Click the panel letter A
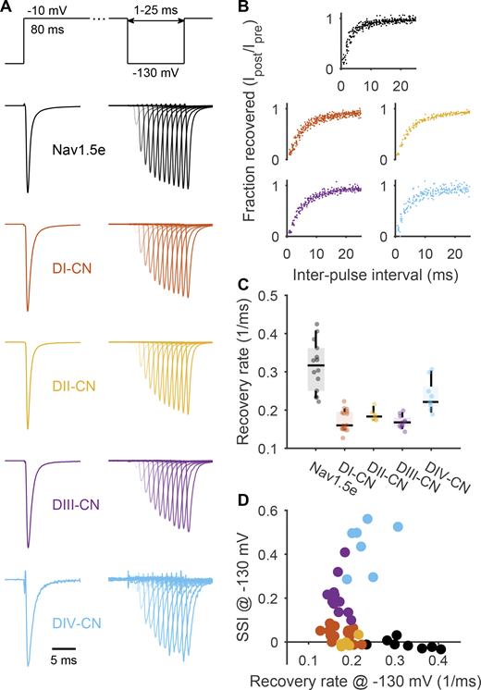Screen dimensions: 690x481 point(8,8)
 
